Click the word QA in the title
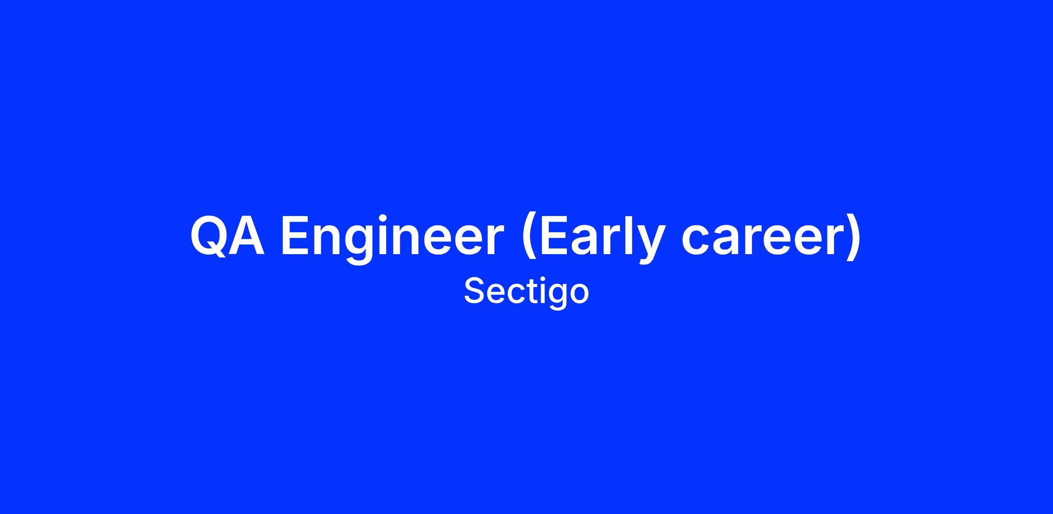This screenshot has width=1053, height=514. (x=227, y=235)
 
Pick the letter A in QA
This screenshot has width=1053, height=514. (x=247, y=235)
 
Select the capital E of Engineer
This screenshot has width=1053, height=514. (x=295, y=235)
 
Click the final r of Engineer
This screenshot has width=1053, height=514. (x=494, y=240)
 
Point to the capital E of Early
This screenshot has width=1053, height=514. (x=554, y=235)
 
